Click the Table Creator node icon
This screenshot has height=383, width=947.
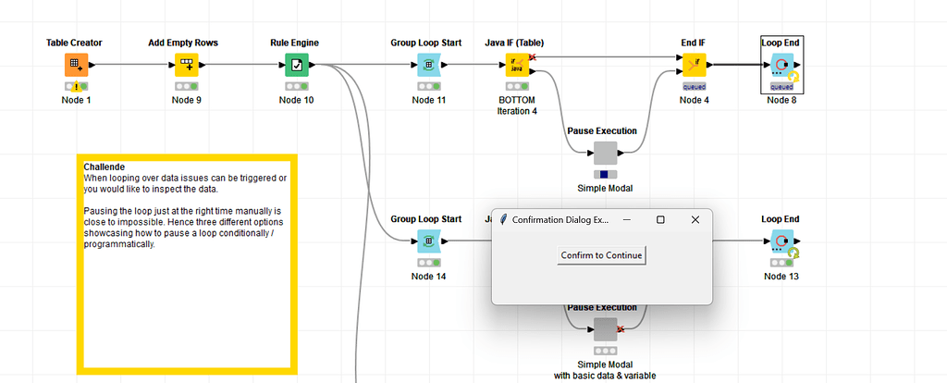pyautogui.click(x=75, y=65)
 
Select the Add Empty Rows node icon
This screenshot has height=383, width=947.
pyautogui.click(x=187, y=65)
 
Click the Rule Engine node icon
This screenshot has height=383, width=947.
pyautogui.click(x=297, y=65)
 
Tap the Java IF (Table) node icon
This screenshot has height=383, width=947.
pyautogui.click(x=520, y=65)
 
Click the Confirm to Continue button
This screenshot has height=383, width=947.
pyautogui.click(x=601, y=255)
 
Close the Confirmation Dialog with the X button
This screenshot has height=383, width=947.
pyautogui.click(x=695, y=220)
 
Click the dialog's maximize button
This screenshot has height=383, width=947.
pyautogui.click(x=660, y=220)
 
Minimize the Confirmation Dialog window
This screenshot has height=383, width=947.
pyautogui.click(x=626, y=220)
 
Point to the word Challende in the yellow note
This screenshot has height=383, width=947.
pyautogui.click(x=105, y=167)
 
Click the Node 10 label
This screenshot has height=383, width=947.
pyautogui.click(x=297, y=100)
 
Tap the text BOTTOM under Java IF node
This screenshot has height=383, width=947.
pyautogui.click(x=516, y=100)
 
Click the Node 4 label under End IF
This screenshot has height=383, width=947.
pyautogui.click(x=694, y=100)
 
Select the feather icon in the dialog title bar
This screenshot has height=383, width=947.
pyautogui.click(x=502, y=220)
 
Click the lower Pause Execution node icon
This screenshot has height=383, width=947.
pyautogui.click(x=605, y=329)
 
